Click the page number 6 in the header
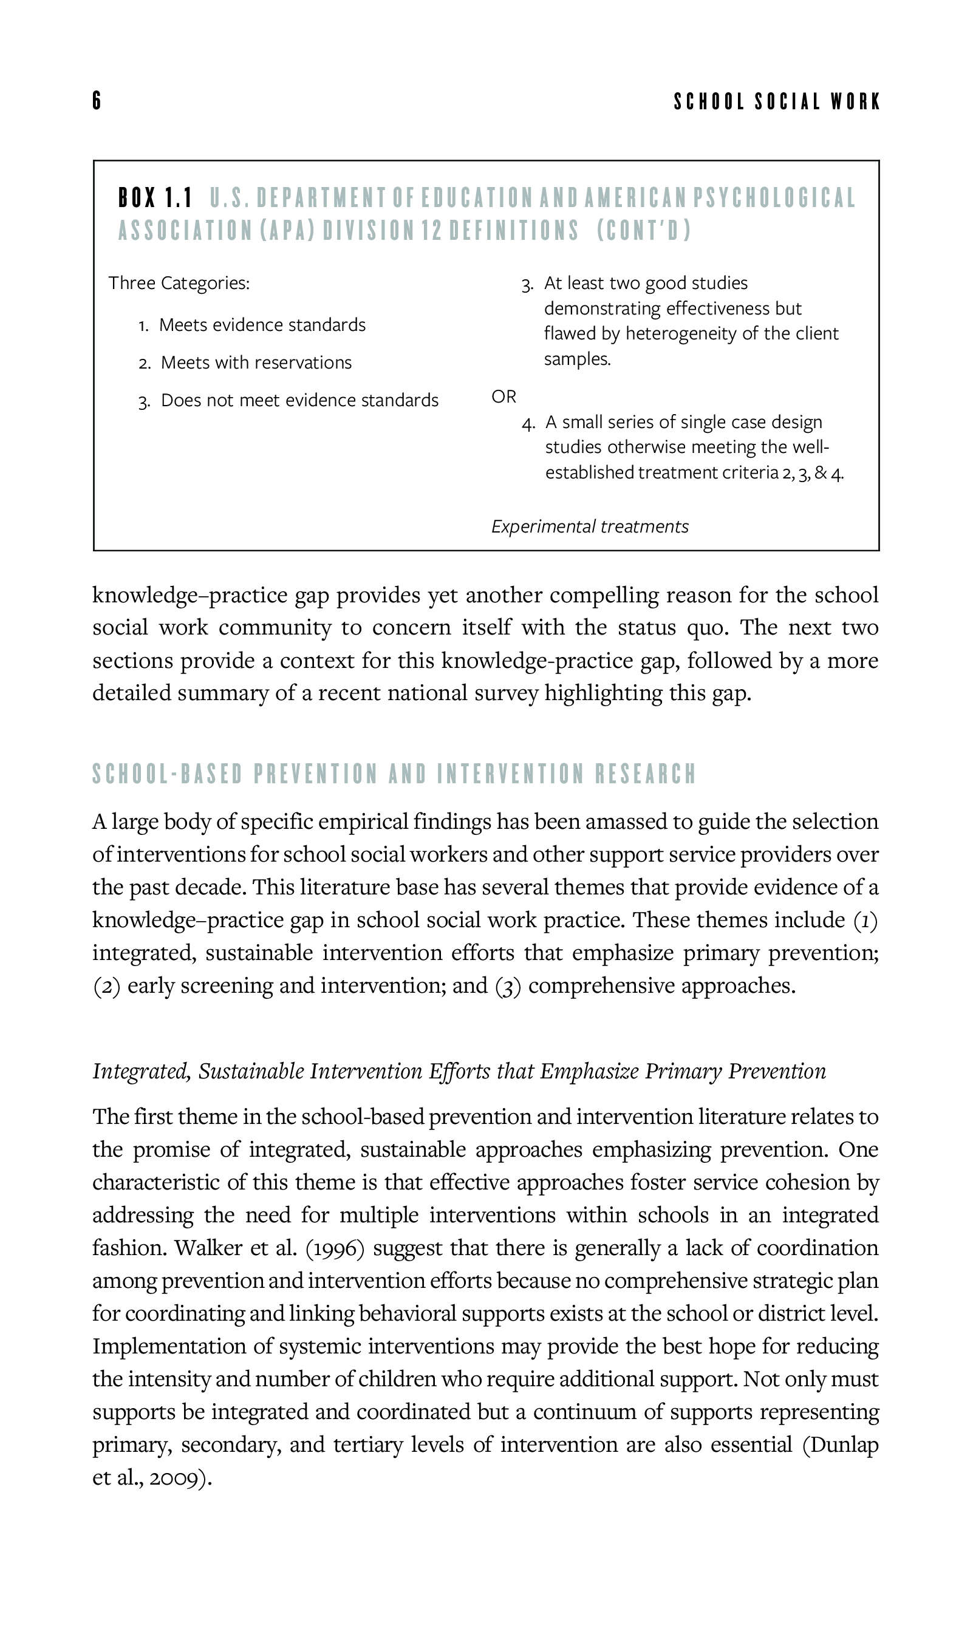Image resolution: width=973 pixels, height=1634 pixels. (97, 101)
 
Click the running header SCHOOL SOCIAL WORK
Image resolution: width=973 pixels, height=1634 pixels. (777, 102)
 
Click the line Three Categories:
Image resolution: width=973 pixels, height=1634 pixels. (179, 283)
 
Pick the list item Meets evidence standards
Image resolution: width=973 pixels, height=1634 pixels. (262, 325)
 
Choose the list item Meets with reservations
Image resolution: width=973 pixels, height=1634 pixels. (256, 363)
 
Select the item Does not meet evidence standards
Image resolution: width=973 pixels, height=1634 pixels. (299, 401)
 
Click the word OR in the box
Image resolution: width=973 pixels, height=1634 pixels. (504, 397)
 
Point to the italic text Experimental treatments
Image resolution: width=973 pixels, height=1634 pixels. (589, 526)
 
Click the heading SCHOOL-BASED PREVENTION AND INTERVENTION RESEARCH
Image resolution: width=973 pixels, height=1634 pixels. (394, 774)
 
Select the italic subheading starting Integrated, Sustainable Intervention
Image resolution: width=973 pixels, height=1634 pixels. (459, 1071)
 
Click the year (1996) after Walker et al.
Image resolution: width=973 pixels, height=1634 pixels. (335, 1247)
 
